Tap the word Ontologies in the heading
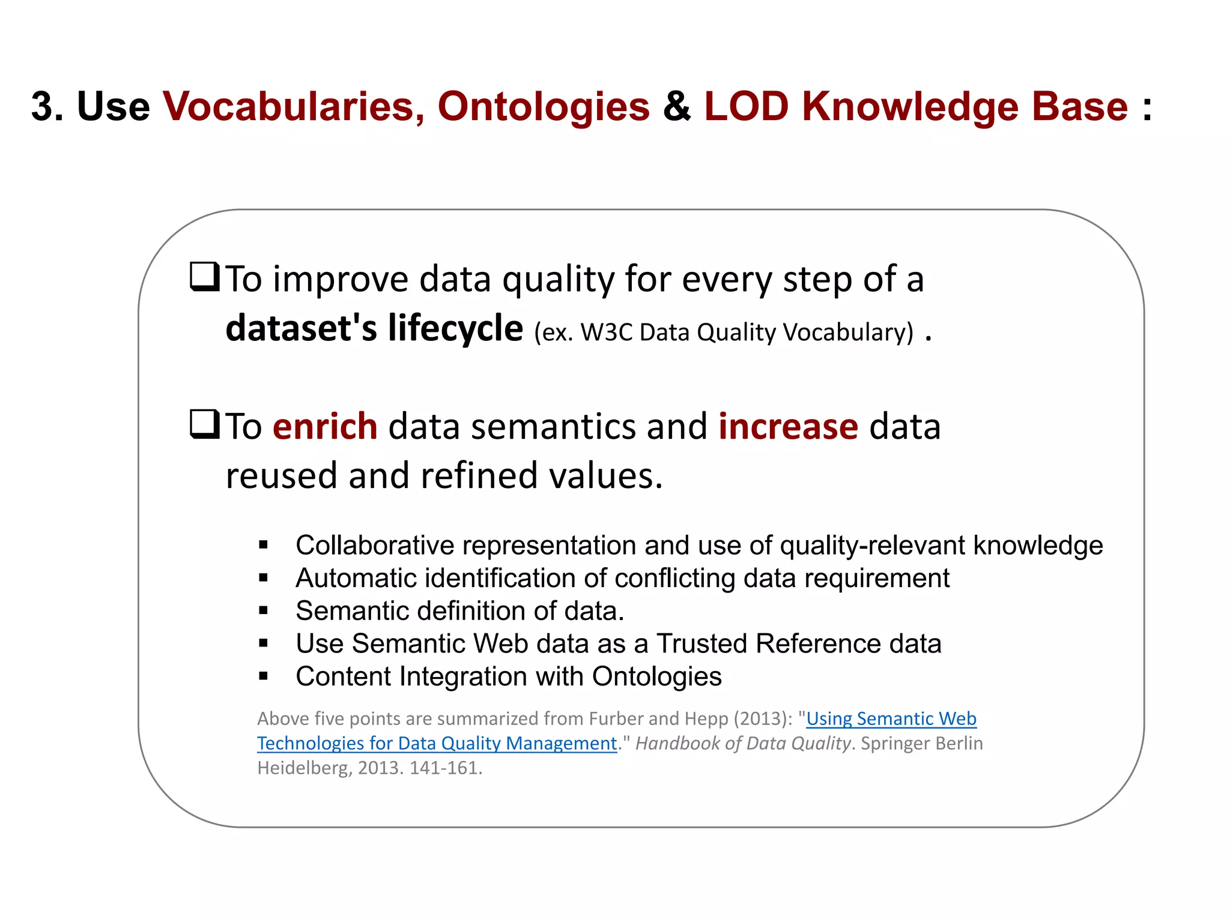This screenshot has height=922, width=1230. (543, 107)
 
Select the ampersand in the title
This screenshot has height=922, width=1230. (677, 107)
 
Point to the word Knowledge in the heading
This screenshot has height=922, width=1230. (910, 107)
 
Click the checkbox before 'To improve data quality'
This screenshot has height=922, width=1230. (204, 277)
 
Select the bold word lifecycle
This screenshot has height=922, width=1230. (455, 329)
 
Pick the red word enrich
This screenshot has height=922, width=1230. (325, 427)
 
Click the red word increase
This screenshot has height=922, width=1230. (788, 427)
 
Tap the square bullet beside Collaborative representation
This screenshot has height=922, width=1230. (263, 545)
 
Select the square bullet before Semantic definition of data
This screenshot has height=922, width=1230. (263, 611)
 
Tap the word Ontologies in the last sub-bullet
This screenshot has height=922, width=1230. (656, 677)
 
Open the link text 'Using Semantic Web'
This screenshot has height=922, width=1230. (891, 719)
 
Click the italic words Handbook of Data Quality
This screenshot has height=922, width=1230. (743, 744)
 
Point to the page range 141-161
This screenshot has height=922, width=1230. (445, 768)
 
